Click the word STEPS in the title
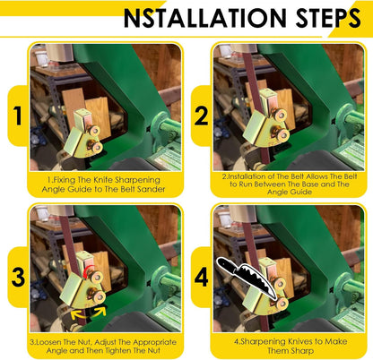click(x=328, y=18)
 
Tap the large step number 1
click(x=18, y=116)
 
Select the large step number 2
click(x=201, y=116)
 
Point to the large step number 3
click(x=18, y=278)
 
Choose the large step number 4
click(x=201, y=277)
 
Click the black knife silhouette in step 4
click(x=247, y=277)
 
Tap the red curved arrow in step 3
click(x=89, y=271)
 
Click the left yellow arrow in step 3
click(x=77, y=314)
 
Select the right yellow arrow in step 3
click(x=100, y=312)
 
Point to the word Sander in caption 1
click(x=153, y=189)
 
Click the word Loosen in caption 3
click(x=48, y=342)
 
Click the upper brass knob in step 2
click(x=281, y=115)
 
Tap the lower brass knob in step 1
click(x=97, y=147)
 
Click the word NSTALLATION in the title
click(x=205, y=18)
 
